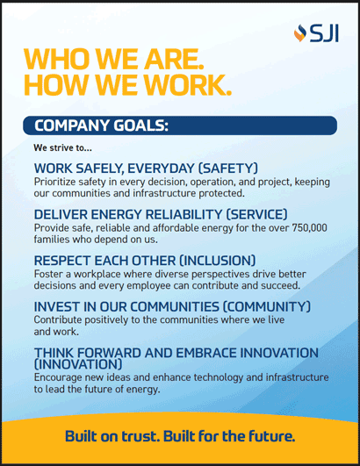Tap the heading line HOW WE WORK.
coord(127,85)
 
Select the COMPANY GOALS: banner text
coord(101,125)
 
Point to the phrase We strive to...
coord(62,147)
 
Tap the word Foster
coord(49,274)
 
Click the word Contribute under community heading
coord(61,319)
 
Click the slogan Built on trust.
coord(117,435)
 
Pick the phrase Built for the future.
coord(234,435)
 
